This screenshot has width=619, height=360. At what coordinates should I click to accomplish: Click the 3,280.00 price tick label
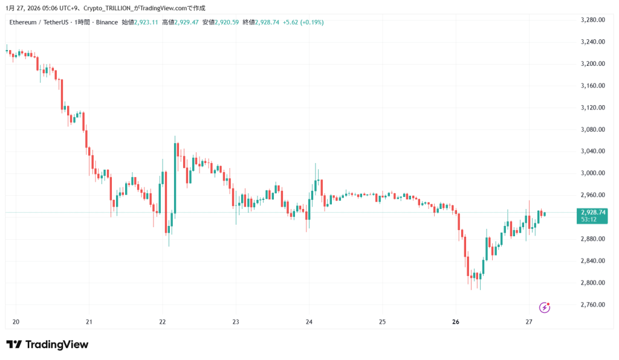(x=592, y=20)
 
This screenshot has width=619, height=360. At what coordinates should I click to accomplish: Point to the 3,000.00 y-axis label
(x=592, y=173)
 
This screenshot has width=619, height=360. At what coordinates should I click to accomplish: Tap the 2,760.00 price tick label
(x=592, y=304)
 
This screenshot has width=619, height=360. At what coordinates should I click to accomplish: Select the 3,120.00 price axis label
(x=592, y=108)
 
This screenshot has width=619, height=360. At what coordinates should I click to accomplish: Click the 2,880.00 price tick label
(x=592, y=239)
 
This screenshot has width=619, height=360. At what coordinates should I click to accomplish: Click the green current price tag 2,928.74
(x=592, y=213)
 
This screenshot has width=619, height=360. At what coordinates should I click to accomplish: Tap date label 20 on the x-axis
(x=16, y=322)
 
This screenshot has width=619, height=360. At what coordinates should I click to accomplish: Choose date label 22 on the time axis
(x=162, y=322)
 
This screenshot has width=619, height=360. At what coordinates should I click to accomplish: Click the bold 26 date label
(x=456, y=322)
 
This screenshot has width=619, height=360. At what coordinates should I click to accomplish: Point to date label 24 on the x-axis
(x=309, y=322)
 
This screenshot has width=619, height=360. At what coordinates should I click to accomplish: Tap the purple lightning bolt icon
(x=545, y=307)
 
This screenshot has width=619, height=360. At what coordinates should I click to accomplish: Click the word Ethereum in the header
(x=23, y=22)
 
